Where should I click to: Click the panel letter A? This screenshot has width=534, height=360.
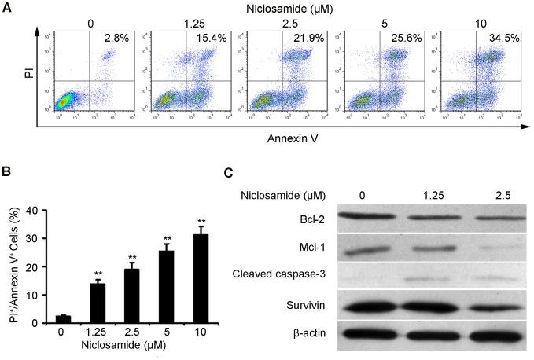(x=7, y=7)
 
